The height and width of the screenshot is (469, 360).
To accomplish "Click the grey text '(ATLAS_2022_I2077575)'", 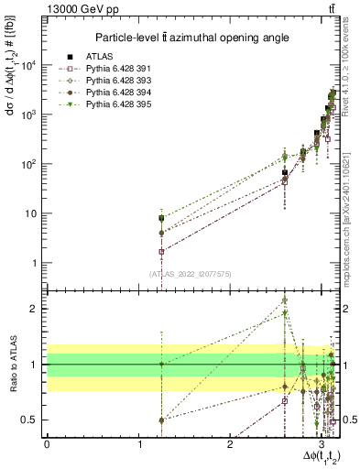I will [190, 273].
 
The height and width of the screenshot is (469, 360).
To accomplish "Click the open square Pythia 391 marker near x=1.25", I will [161, 251].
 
